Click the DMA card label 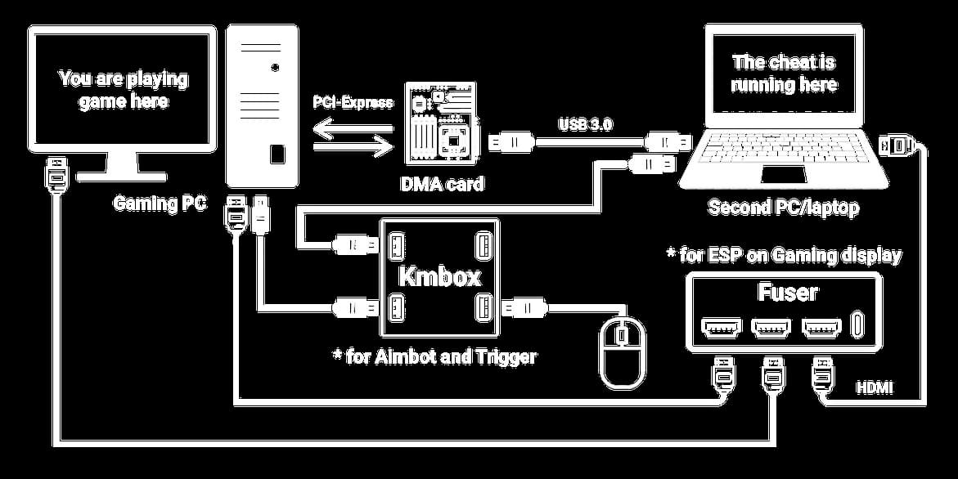click(442, 184)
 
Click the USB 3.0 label click(586, 125)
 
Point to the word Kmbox click(439, 277)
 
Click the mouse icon click(623, 351)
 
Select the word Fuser click(788, 292)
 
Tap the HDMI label click(874, 387)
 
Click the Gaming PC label click(160, 204)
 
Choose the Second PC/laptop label click(783, 208)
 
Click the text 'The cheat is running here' click(784, 74)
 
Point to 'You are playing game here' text click(123, 90)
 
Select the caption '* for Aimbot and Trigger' click(434, 356)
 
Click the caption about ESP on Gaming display click(785, 255)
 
